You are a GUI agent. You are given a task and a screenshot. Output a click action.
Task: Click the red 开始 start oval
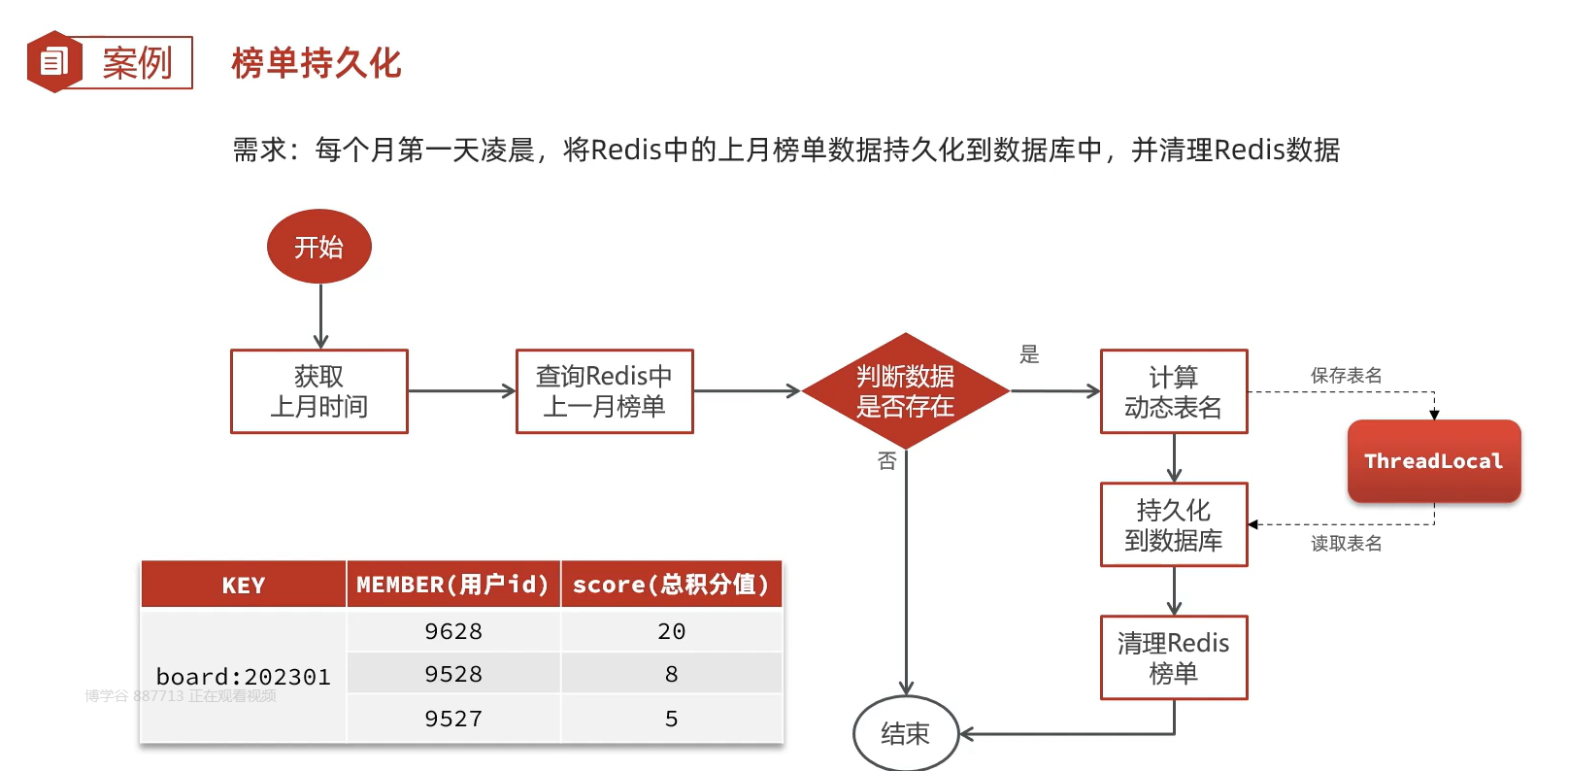318,247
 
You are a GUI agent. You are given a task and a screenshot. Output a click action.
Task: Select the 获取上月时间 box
318,391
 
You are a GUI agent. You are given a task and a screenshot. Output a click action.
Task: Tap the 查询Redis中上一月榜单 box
604,391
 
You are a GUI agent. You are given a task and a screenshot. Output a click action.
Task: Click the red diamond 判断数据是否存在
905,391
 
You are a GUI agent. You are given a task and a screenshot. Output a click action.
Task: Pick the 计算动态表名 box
1173,391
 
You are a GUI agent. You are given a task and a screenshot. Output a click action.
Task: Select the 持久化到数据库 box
1173,524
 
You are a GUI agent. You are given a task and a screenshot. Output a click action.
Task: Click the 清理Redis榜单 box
1173,657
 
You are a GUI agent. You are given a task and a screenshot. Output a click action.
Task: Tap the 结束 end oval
905,734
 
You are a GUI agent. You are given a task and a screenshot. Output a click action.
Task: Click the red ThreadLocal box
1433,461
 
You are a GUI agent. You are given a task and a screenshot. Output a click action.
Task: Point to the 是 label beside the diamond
1029,354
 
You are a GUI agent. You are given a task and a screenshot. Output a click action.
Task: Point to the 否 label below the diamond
886,461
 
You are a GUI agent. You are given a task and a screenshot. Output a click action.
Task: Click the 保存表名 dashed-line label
1346,376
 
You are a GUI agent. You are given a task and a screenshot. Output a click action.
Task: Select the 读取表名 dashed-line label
1346,544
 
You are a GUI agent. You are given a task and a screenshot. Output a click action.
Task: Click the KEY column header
243,586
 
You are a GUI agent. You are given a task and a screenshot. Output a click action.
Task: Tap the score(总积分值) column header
671,585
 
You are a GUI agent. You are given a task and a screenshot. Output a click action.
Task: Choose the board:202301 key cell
243,677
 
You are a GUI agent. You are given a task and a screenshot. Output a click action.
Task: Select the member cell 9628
453,632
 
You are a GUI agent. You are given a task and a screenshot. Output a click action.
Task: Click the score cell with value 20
671,632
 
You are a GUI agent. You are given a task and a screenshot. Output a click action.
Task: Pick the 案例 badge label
137,63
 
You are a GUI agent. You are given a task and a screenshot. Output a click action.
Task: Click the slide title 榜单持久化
316,63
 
